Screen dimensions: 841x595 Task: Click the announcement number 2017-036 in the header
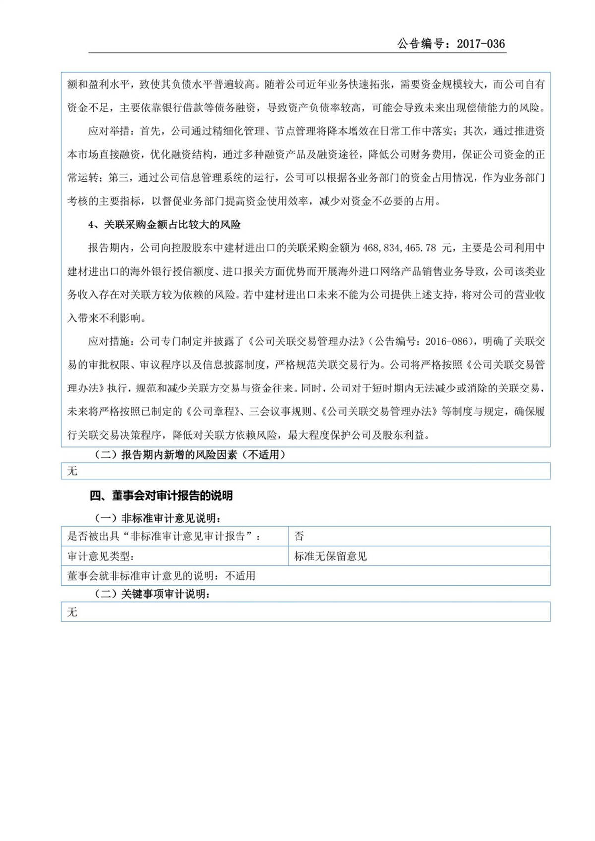click(480, 44)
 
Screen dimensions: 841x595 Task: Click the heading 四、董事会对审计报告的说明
click(161, 495)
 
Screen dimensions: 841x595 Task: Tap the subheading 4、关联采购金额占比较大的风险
click(165, 224)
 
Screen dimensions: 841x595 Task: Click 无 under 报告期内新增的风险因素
click(72, 471)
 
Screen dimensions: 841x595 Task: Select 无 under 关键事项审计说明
click(72, 612)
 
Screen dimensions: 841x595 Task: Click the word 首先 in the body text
click(150, 131)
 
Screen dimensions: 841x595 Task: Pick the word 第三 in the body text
click(118, 178)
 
